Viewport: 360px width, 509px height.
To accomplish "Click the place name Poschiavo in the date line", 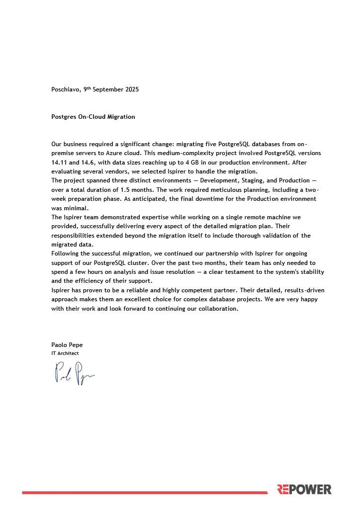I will click(66, 90).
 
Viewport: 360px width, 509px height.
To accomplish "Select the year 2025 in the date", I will click(131, 90).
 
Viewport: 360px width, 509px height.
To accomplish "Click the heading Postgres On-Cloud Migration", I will click(93, 117).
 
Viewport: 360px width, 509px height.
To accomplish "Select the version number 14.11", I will click(60, 163).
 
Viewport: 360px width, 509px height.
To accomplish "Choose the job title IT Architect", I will click(65, 353).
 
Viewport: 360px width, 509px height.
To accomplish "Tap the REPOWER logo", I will click(304, 490).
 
